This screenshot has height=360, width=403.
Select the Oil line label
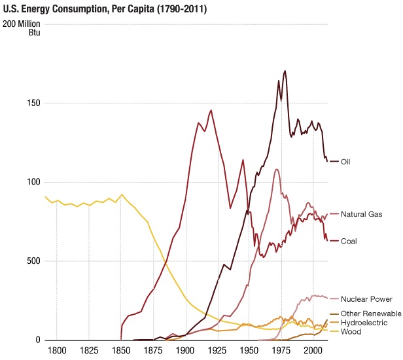coord(347,161)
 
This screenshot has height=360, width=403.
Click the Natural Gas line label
coord(362,214)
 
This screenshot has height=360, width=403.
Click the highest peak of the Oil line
coord(285,71)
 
